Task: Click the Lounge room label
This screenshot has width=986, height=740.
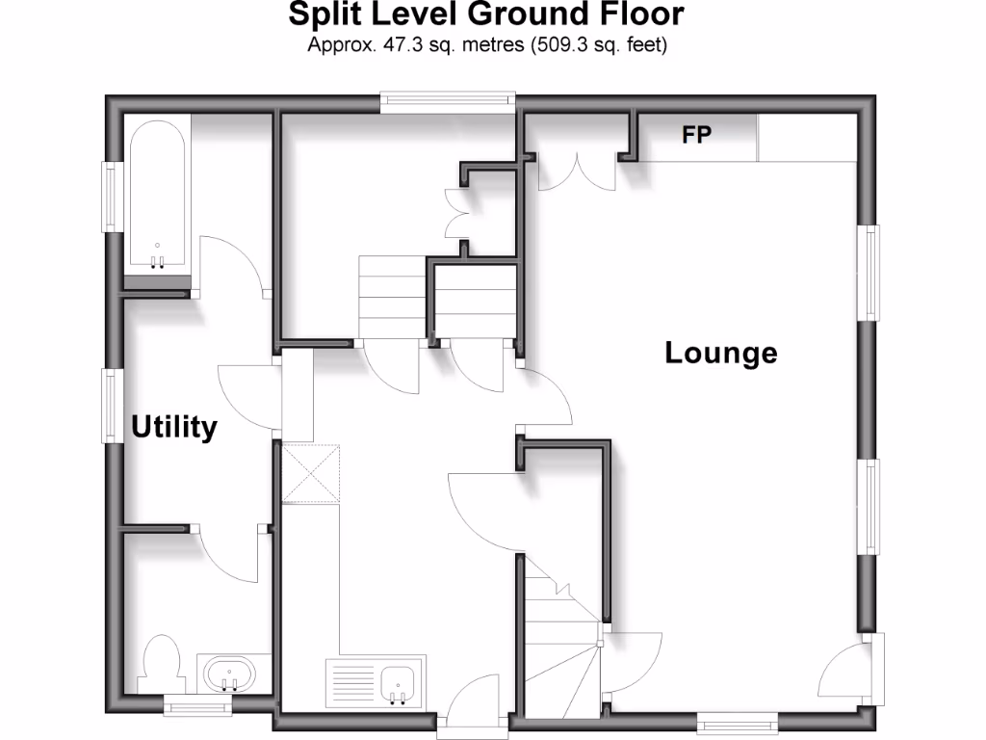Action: pyautogui.click(x=721, y=353)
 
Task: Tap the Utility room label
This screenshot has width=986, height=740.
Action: pyautogui.click(x=174, y=427)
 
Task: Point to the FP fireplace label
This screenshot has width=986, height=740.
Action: pyautogui.click(x=697, y=136)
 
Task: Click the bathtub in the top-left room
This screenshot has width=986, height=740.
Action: pyautogui.click(x=156, y=198)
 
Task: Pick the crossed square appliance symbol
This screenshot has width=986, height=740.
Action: pyautogui.click(x=312, y=473)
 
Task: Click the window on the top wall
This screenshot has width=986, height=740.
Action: pyautogui.click(x=447, y=102)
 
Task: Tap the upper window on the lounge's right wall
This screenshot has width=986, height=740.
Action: pyautogui.click(x=870, y=273)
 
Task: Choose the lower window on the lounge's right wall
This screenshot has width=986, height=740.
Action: pyautogui.click(x=870, y=507)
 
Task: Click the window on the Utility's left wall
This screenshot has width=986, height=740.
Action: pyautogui.click(x=111, y=407)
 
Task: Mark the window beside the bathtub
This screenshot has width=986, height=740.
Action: pyautogui.click(x=111, y=197)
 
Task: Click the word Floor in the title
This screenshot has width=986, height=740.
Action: pyautogui.click(x=644, y=14)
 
